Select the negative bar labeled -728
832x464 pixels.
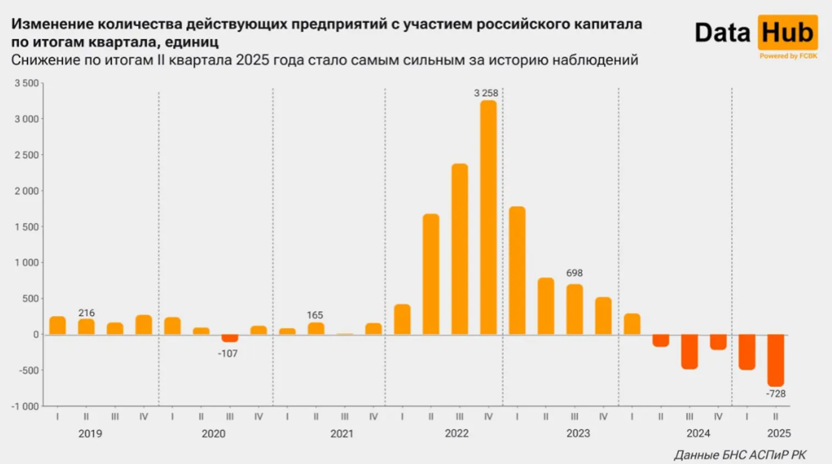tap(775, 360)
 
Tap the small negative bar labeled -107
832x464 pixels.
tap(230, 338)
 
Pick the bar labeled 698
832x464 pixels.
tap(574, 309)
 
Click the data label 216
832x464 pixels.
tap(86, 313)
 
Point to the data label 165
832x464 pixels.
tap(315, 315)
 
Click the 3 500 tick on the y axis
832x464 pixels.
tap(26, 83)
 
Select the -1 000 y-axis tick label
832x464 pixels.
tap(25, 406)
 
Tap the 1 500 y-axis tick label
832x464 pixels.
tap(26, 227)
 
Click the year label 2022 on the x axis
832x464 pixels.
tap(456, 434)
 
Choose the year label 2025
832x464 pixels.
tap(779, 434)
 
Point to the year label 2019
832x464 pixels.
tap(90, 434)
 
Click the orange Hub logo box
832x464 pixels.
tap(788, 33)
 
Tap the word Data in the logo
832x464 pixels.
tap(722, 33)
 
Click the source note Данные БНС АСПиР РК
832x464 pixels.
tap(740, 455)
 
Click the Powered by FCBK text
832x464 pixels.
tap(788, 56)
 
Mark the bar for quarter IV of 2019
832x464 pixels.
tap(143, 325)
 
